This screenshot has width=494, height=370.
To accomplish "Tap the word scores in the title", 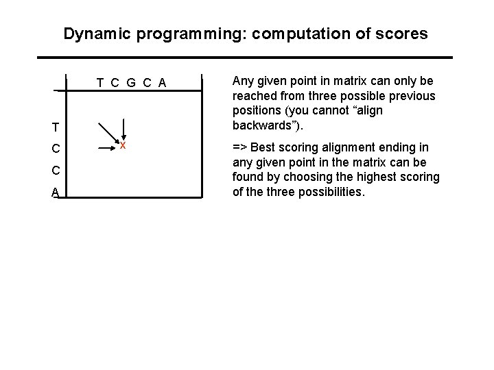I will (x=401, y=33).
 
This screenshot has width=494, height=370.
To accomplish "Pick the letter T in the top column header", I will (x=101, y=84).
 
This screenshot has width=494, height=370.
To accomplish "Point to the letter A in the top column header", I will (x=161, y=84).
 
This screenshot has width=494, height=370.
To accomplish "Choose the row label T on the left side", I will (x=55, y=127).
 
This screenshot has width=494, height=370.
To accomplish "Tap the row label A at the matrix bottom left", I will (x=55, y=194).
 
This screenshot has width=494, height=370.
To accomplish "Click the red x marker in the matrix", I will (x=122, y=146).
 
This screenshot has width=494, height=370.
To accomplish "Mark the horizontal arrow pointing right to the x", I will (x=103, y=146).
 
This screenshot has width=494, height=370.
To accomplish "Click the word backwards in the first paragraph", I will (x=257, y=126).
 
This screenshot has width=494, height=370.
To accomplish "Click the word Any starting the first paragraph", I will (x=244, y=81).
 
